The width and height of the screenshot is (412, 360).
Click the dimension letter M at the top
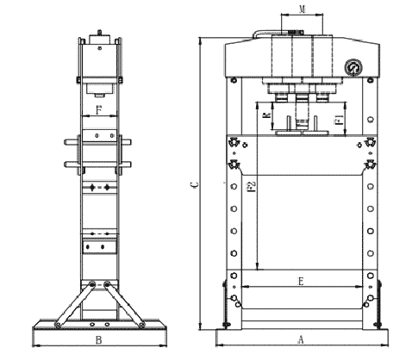pyautogui.click(x=300, y=9)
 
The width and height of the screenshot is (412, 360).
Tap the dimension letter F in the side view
pyautogui.click(x=99, y=109)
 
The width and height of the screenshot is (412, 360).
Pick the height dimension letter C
pyautogui.click(x=194, y=184)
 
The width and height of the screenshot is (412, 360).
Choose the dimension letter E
pyautogui.click(x=300, y=281)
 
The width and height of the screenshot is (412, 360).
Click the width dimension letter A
pyautogui.click(x=300, y=339)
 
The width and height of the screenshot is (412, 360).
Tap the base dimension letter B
pyautogui.click(x=99, y=341)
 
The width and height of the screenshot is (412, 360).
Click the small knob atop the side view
pyautogui.click(x=99, y=34)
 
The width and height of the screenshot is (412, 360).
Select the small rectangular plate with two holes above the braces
pyautogui.click(x=99, y=247)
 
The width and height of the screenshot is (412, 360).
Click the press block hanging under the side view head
pyautogui.click(x=99, y=87)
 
